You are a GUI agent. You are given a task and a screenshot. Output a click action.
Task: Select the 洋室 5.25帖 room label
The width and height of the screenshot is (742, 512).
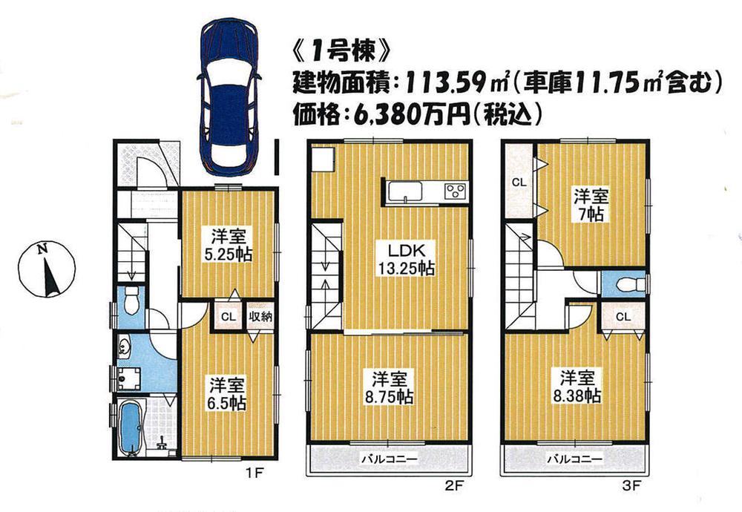[x=229, y=246]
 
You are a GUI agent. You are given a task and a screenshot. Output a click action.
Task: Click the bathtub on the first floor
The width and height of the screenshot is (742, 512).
[x=131, y=427]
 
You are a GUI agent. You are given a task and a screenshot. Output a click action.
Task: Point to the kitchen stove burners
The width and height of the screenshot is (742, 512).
[x=453, y=191]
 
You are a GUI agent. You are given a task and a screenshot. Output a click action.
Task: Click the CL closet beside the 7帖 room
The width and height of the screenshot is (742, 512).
[x=519, y=183]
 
